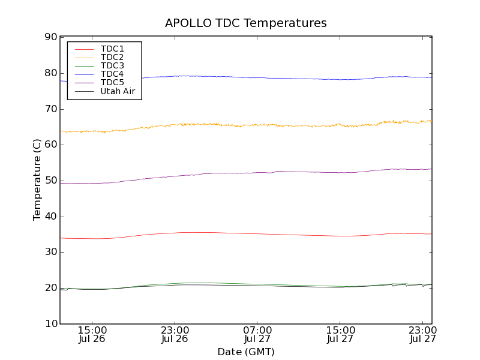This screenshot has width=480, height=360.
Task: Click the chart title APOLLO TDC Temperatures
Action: coord(246,23)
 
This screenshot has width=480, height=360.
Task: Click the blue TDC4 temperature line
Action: coord(270,77)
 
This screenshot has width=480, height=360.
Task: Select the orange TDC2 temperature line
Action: coord(270,125)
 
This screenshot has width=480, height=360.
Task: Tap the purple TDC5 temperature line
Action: coord(240,173)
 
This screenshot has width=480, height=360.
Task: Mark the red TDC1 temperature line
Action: coord(240,233)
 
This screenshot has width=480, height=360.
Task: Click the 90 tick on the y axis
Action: coord(50,37)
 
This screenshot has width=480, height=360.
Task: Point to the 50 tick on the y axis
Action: coord(50,181)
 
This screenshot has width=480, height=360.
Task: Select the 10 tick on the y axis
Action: coord(50,324)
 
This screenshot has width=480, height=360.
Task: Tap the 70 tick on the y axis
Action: coord(50,109)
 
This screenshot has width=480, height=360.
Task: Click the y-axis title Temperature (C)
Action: coord(37,180)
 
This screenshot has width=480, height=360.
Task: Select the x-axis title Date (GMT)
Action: coord(246,352)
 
